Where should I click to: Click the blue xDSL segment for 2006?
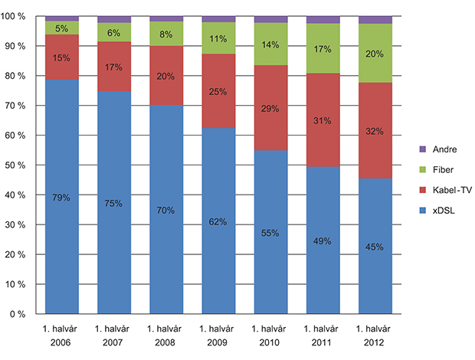click(x=62, y=230)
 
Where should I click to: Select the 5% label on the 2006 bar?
click(x=62, y=28)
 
